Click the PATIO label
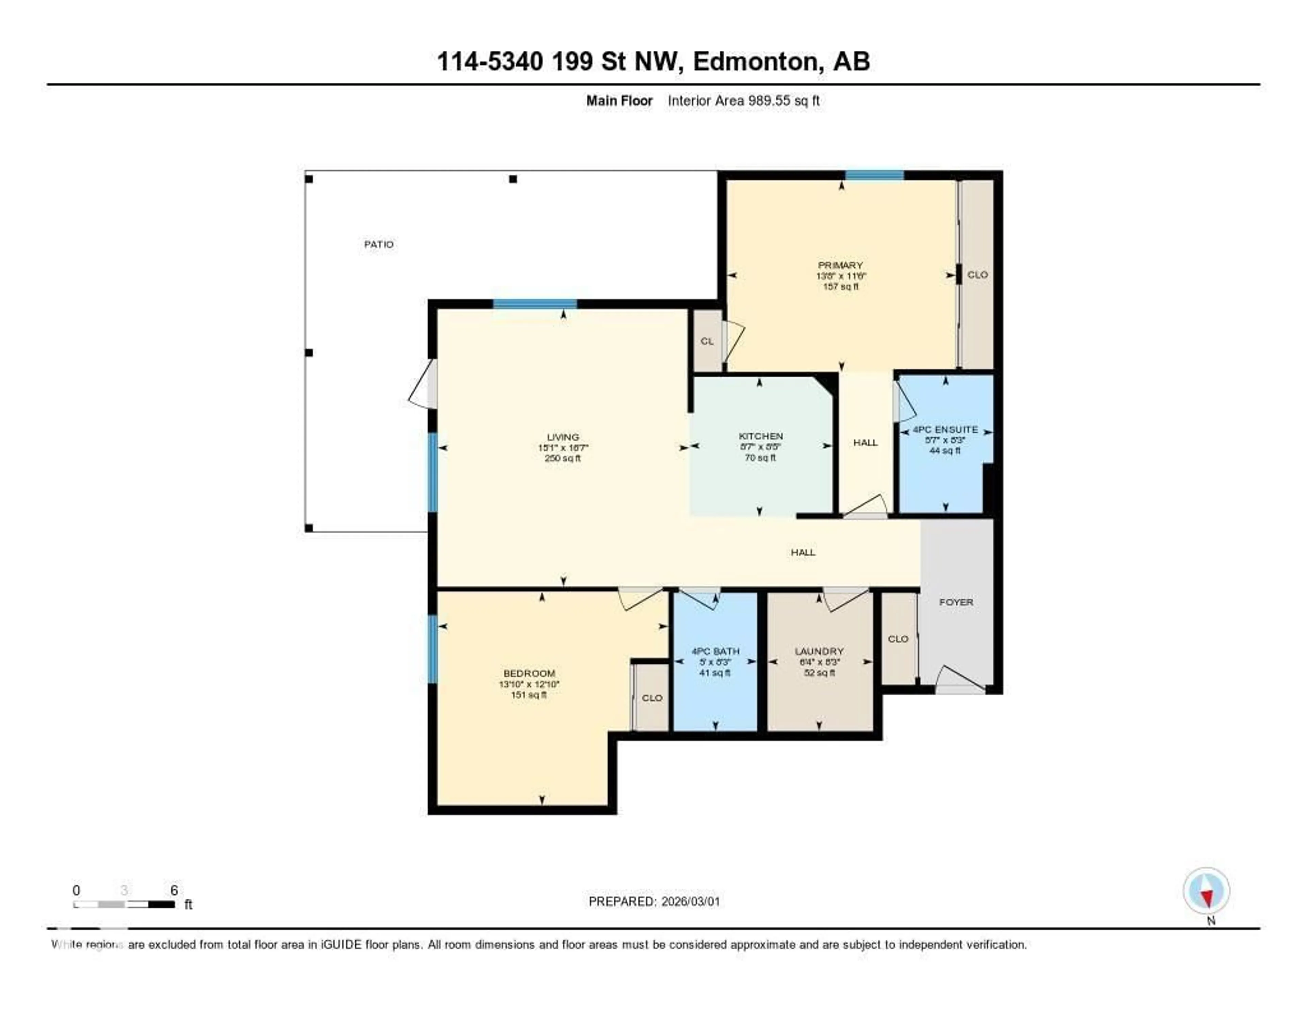tap(379, 244)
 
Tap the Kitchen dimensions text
tap(761, 447)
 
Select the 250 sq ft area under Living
tap(563, 459)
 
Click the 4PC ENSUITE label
tap(945, 430)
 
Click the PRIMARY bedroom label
tap(840, 265)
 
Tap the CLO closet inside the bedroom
tap(652, 698)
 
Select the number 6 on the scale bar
tap(174, 890)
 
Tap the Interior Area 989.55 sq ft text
tap(743, 100)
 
